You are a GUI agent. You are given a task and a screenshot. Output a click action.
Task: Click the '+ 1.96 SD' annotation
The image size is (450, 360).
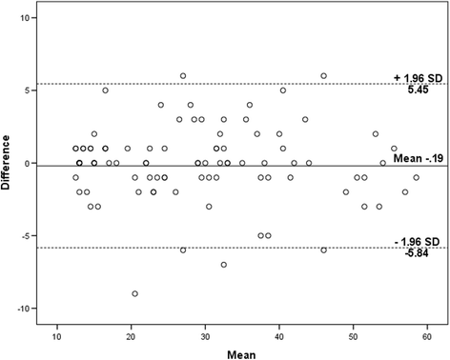pyautogui.click(x=415, y=77)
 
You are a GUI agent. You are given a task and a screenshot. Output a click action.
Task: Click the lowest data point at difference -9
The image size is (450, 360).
pyautogui.click(x=135, y=293)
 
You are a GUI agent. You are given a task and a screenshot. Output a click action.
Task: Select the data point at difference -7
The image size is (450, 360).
pyautogui.click(x=224, y=265)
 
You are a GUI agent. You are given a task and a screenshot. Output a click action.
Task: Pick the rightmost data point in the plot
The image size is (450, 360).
pyautogui.click(x=416, y=177)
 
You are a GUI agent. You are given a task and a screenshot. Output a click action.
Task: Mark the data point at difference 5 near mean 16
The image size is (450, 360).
pyautogui.click(x=105, y=90)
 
